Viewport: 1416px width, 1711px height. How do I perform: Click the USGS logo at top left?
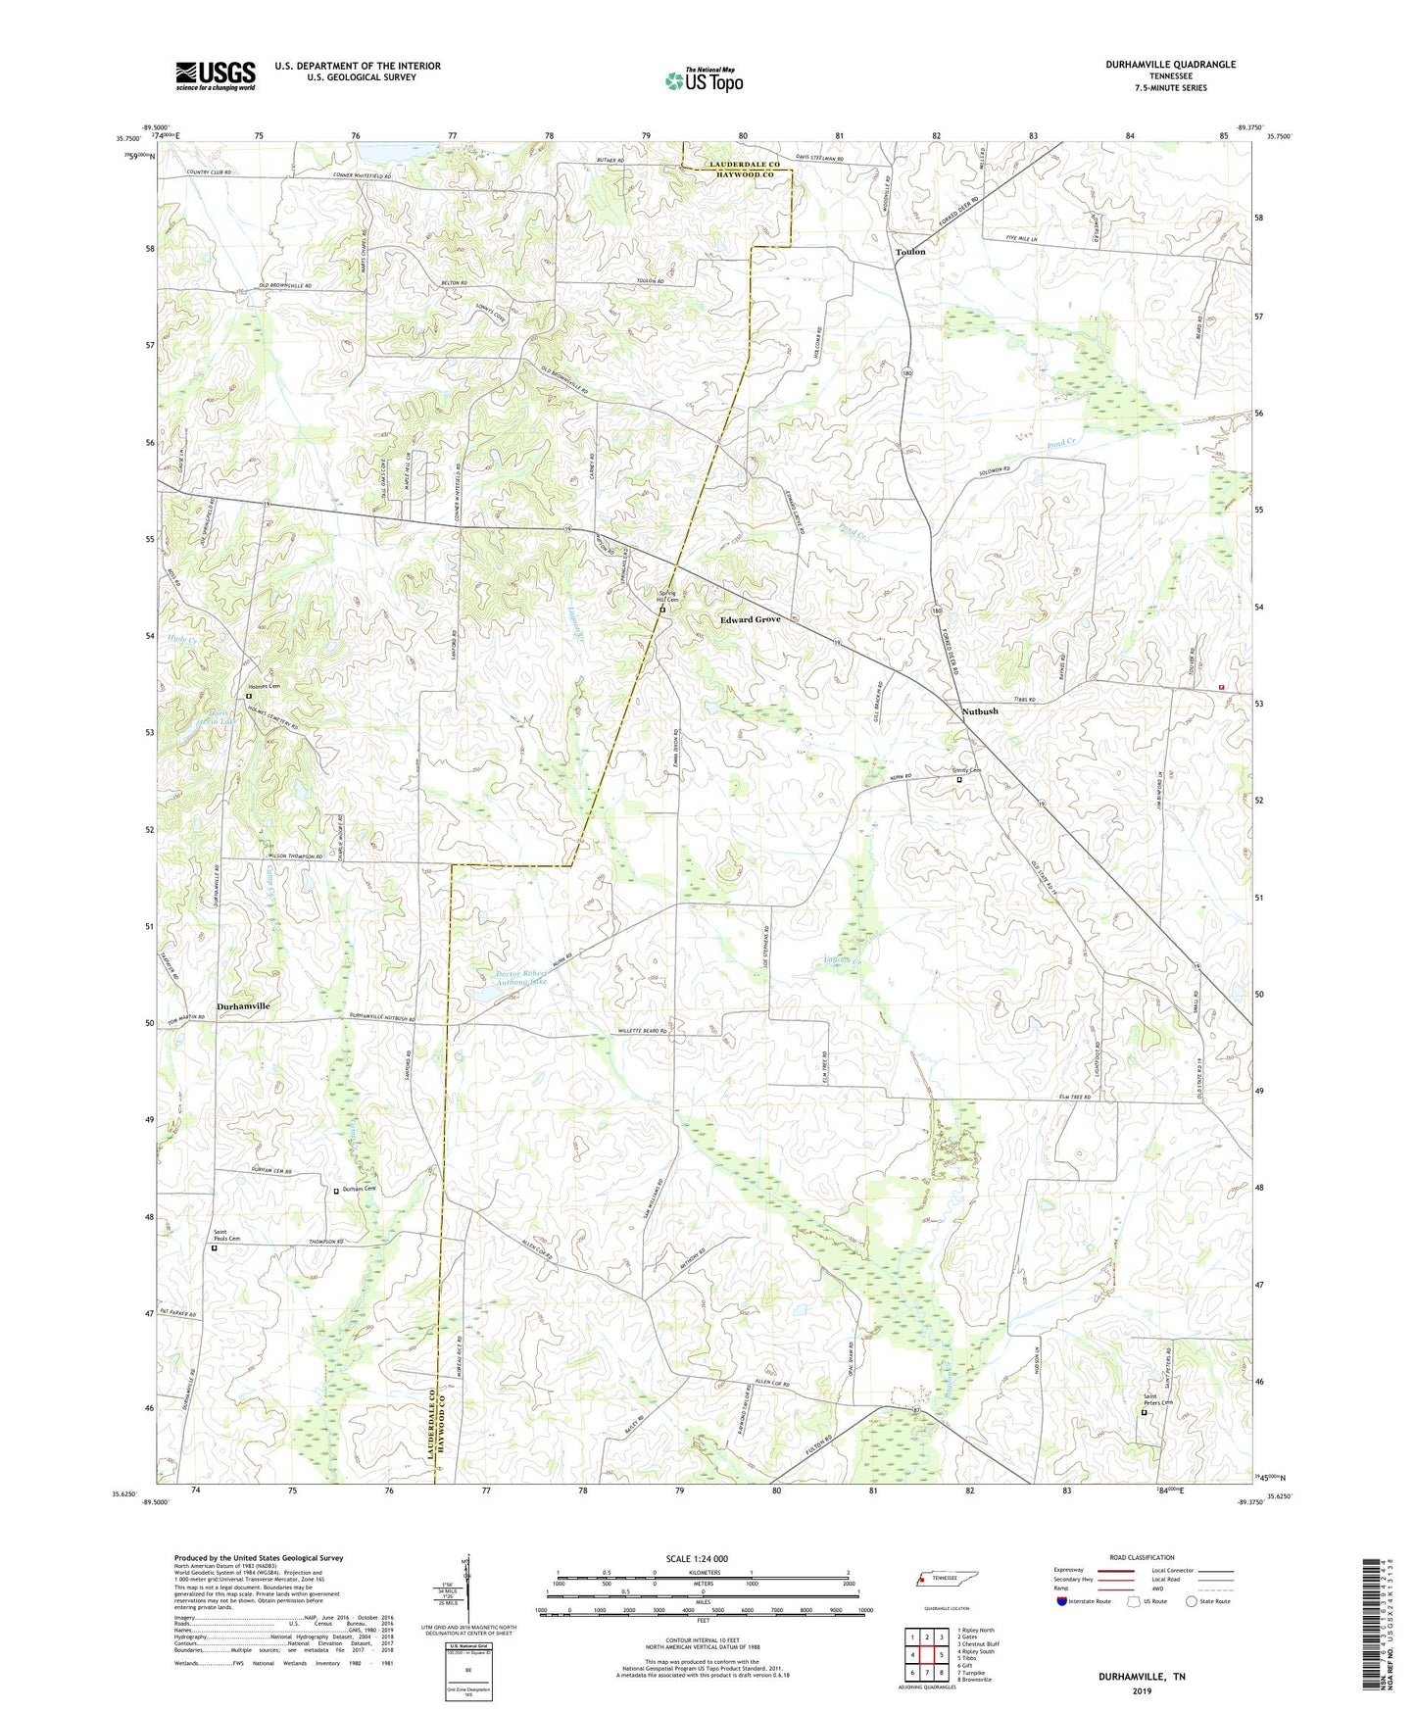click(216, 75)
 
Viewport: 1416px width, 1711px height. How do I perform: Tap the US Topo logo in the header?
click(704, 80)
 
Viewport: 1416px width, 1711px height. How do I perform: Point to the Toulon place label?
click(909, 252)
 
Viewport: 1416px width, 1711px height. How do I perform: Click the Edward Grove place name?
click(750, 619)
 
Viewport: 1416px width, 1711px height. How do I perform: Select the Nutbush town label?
click(979, 711)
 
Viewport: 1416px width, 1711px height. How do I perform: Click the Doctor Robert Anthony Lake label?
click(521, 977)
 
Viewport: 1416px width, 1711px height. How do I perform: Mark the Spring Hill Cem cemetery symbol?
click(662, 611)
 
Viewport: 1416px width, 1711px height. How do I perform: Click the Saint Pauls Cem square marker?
click(215, 1248)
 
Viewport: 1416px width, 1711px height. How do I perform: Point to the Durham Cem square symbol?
click(336, 1191)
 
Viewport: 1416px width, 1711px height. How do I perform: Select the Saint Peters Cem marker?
click(1144, 1412)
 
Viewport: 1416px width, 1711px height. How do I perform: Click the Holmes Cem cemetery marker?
click(248, 697)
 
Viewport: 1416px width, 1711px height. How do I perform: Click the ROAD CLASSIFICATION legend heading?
click(1141, 1557)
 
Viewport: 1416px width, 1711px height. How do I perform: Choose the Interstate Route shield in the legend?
click(1062, 1601)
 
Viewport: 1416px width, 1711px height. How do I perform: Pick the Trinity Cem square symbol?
click(959, 780)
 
